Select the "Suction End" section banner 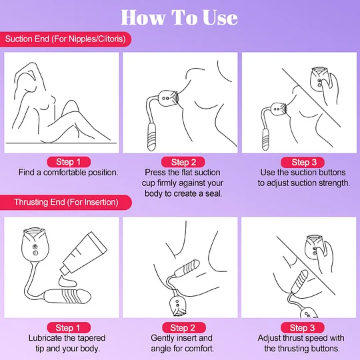coord(67,39)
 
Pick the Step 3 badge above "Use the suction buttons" coord(299,162)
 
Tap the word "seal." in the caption coord(210,193)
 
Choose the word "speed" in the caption coord(314,338)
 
